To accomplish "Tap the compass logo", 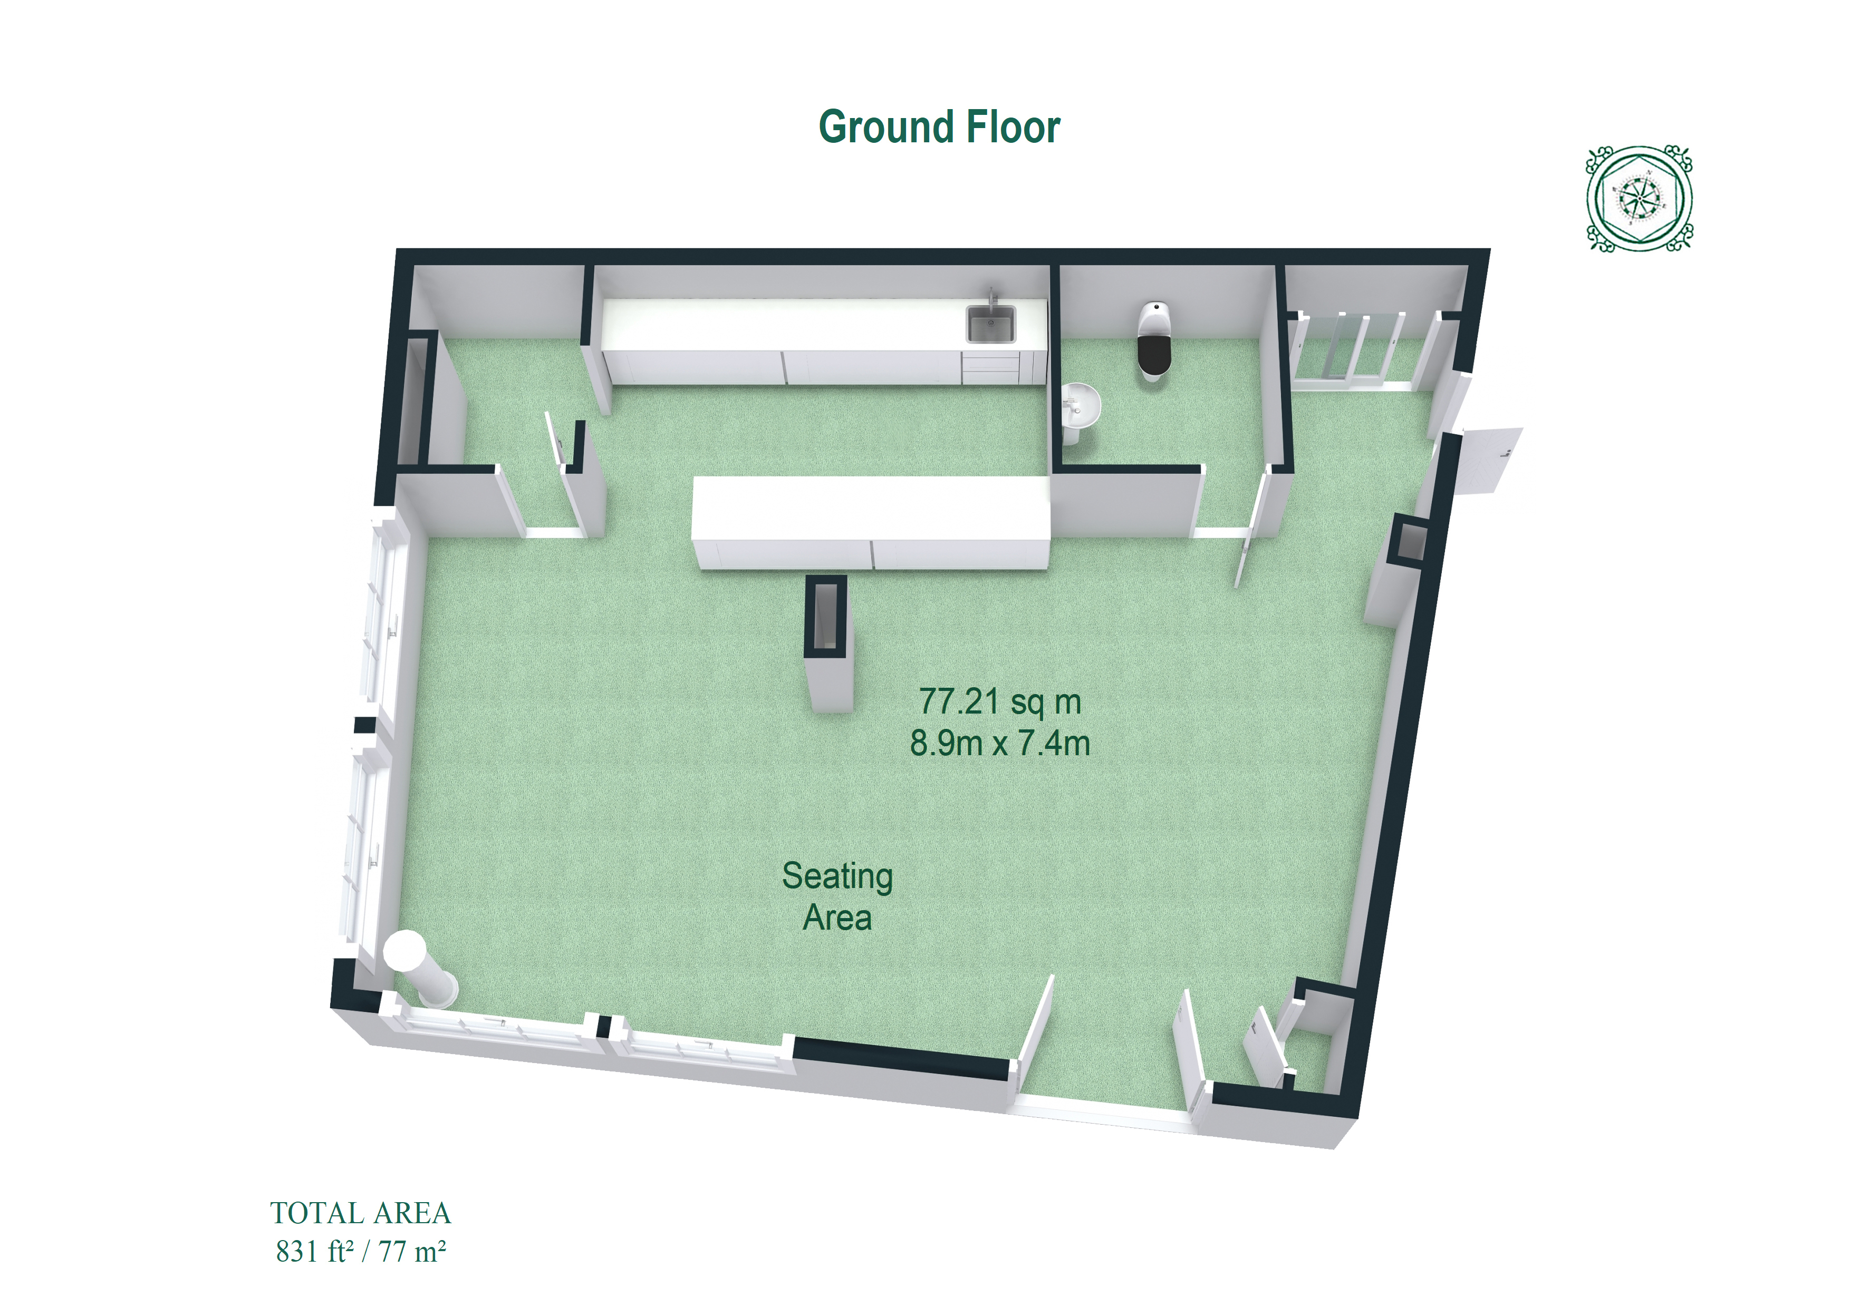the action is pyautogui.click(x=1639, y=198).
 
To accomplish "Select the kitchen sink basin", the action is pyautogui.click(x=990, y=325).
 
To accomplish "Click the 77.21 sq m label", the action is pyautogui.click(x=1000, y=701).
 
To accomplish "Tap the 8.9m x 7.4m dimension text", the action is pyautogui.click(x=1000, y=743).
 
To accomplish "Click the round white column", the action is pyautogui.click(x=419, y=969).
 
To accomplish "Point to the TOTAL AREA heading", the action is pyautogui.click(x=360, y=1213).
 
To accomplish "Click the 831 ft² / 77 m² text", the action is pyautogui.click(x=360, y=1251).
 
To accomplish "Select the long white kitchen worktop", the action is pyautogui.click(x=823, y=340).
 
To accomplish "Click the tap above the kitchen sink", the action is pyautogui.click(x=993, y=296).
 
